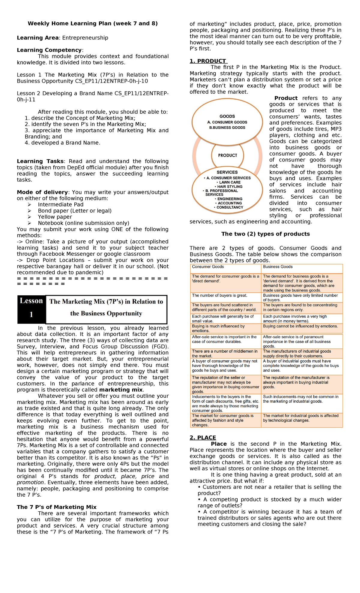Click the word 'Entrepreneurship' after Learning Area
click(x=85, y=38)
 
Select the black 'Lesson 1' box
click(x=31, y=309)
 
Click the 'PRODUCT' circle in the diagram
click(x=227, y=155)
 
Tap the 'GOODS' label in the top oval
click(x=227, y=116)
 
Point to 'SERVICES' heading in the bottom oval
click(x=227, y=172)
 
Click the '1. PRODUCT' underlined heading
click(x=208, y=61)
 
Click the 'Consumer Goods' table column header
click(x=208, y=267)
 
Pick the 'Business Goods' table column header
click(x=277, y=267)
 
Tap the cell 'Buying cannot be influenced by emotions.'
click(x=300, y=326)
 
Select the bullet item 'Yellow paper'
click(x=55, y=217)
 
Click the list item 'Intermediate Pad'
click(x=61, y=204)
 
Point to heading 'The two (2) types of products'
click(x=265, y=234)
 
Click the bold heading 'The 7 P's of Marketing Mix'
click(x=56, y=507)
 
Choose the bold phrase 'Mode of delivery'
click(x=42, y=192)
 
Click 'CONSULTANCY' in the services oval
click(x=229, y=207)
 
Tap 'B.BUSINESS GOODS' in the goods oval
click(x=227, y=128)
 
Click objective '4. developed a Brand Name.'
click(x=62, y=143)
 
